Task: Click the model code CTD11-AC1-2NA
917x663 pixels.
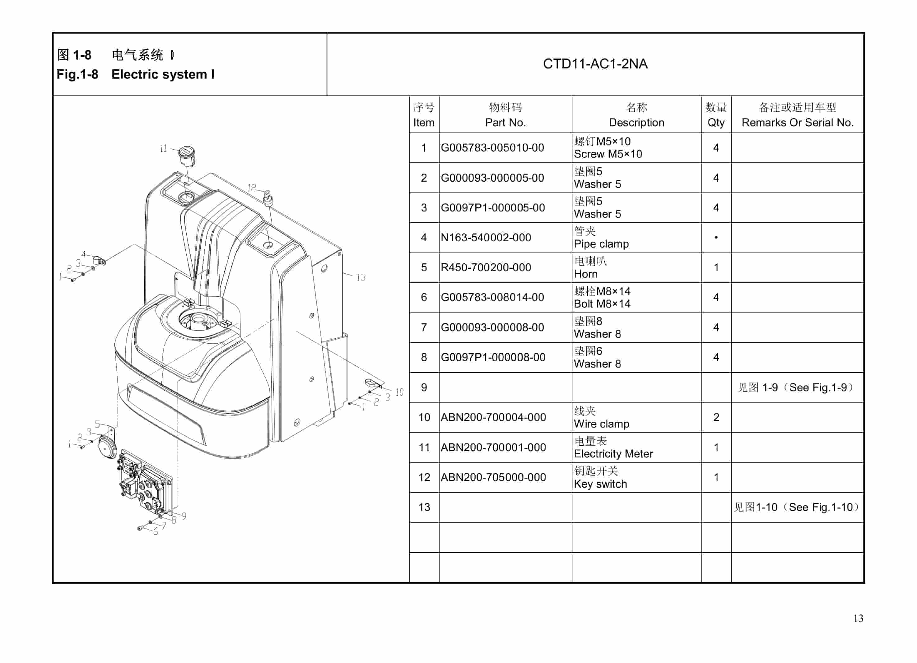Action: click(595, 64)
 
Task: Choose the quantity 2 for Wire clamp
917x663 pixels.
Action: click(716, 417)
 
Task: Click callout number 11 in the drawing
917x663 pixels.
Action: click(163, 148)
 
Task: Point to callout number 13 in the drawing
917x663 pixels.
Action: click(361, 277)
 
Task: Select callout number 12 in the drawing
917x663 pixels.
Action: click(251, 188)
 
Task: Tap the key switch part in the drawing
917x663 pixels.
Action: click(268, 198)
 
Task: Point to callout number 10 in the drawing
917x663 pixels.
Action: click(399, 392)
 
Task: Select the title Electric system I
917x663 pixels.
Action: click(163, 74)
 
